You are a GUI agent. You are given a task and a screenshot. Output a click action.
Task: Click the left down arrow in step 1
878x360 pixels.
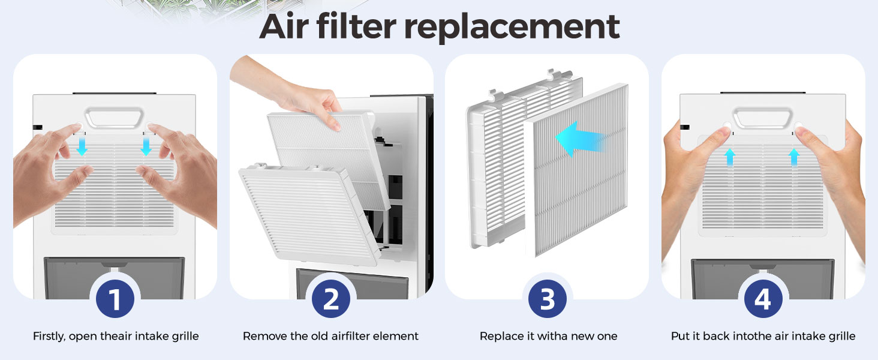[82, 145]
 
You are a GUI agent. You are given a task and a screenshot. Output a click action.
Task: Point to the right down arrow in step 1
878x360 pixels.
[146, 145]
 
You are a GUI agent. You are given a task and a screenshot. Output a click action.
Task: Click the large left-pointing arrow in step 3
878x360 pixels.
[579, 139]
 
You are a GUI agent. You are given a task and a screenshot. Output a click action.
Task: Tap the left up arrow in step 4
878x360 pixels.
[729, 157]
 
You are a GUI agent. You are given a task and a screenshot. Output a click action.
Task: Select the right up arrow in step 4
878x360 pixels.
[794, 157]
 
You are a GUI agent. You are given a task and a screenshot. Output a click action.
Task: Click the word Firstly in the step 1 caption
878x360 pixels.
[49, 336]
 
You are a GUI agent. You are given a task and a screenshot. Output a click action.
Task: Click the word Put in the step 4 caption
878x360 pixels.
[680, 336]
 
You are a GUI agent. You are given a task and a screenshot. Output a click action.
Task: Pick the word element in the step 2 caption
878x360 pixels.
[396, 336]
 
